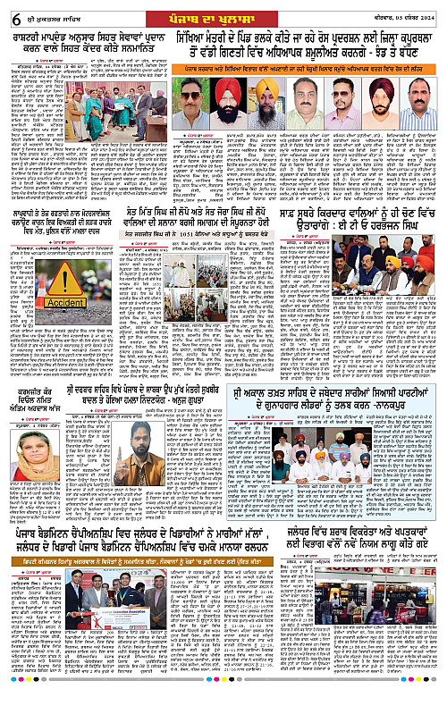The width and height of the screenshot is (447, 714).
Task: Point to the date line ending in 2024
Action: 402,11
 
